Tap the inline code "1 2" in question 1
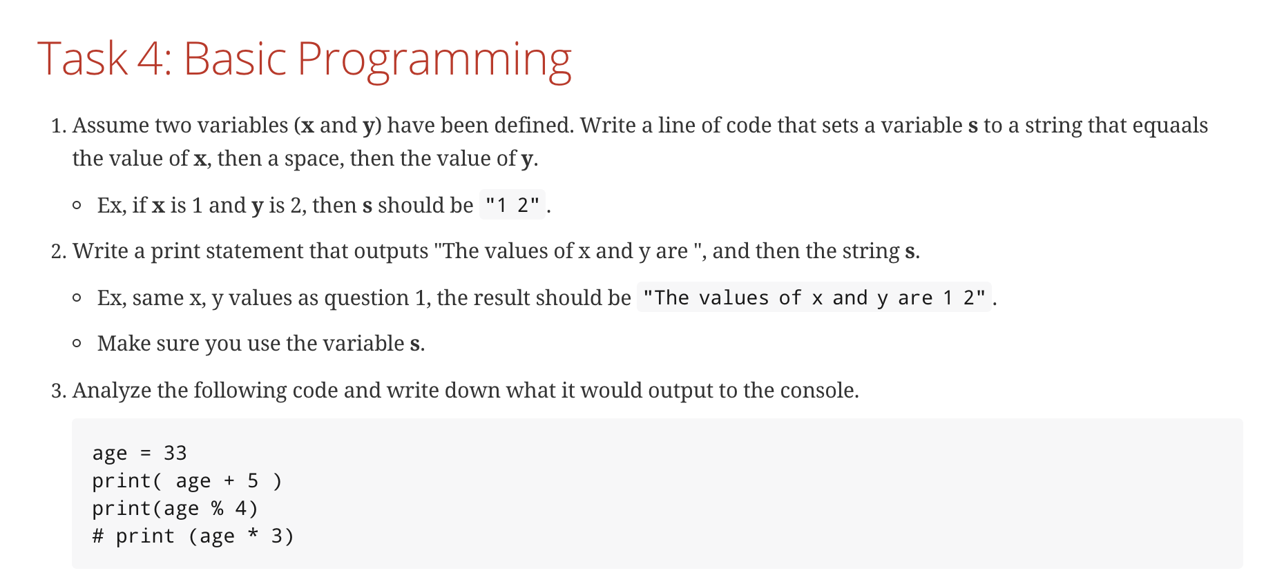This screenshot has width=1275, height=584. pos(512,205)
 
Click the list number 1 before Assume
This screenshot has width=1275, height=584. pos(58,126)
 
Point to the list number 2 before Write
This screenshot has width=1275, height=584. pos(58,251)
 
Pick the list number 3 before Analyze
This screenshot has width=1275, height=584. pos(58,391)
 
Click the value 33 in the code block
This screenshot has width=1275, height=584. pos(175,453)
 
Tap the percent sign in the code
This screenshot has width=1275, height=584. pos(218,508)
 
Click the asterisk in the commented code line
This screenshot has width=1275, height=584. pos(253,534)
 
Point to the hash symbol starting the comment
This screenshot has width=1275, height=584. pos(98,536)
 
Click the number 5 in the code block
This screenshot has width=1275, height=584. pos(253,480)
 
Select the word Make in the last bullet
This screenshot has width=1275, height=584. pos(120,344)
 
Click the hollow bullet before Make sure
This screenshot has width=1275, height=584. pos(77,344)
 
